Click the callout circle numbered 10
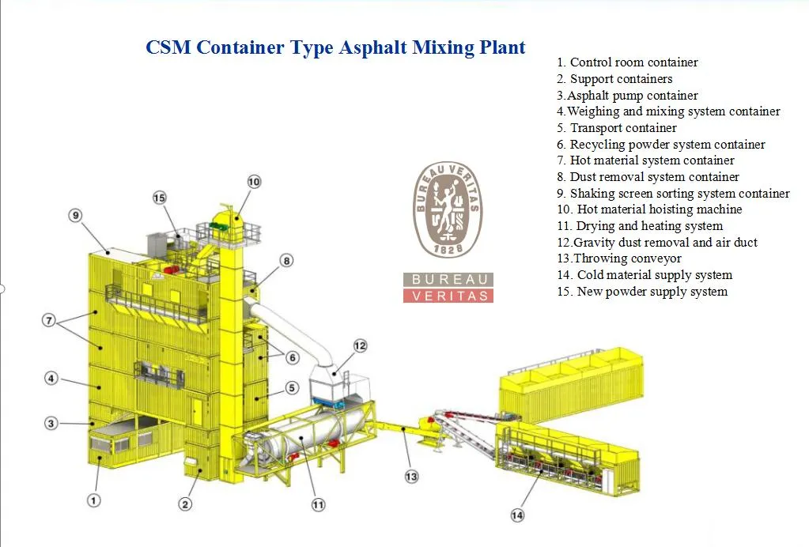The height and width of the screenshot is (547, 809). (253, 182)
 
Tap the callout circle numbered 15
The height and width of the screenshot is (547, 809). (160, 198)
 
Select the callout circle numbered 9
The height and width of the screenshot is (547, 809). (75, 215)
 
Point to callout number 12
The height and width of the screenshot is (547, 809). (361, 345)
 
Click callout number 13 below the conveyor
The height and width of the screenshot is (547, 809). (411, 477)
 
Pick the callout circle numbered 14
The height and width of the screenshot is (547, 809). (517, 515)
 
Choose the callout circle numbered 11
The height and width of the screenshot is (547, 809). (318, 504)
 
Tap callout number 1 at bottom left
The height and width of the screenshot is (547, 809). (93, 500)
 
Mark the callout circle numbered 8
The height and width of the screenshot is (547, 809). (286, 260)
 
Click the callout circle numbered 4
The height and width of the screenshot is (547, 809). (51, 379)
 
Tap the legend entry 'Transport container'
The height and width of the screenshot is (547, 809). (617, 128)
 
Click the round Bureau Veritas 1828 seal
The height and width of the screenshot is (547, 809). (448, 209)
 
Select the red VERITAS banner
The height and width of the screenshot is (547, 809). (448, 296)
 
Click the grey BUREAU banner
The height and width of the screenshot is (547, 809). (448, 280)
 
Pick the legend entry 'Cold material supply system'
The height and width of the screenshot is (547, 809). (645, 275)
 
